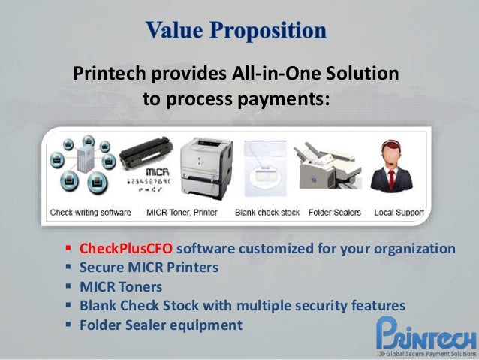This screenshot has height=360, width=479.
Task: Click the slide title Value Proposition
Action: pos(236,31)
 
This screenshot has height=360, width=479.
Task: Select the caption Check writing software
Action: pos(91,213)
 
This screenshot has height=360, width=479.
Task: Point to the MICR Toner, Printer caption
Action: pos(182,213)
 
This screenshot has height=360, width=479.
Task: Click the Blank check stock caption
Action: pos(267,213)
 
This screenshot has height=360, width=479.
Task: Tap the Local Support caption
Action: pos(399,213)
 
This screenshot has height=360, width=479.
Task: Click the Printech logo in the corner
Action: pos(426,331)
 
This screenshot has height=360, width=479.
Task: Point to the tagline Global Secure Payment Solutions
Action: pos(430,352)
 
